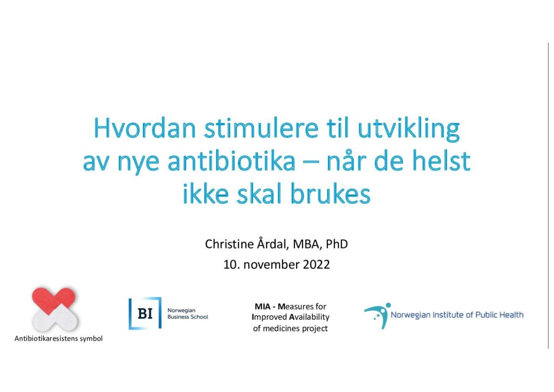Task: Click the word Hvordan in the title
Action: click(145, 128)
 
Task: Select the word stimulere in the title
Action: click(261, 128)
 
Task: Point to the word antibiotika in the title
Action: click(231, 161)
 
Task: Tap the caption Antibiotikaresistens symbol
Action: click(58, 338)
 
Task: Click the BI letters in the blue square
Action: click(145, 313)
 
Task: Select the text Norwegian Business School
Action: click(188, 313)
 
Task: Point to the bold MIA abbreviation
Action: click(262, 306)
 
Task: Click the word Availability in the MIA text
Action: click(309, 317)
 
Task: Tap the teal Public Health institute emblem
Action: click(377, 315)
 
